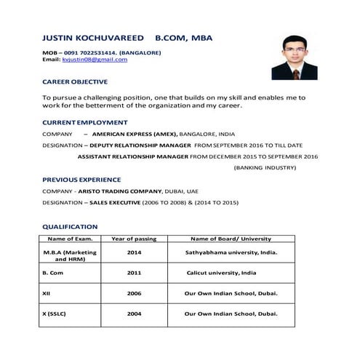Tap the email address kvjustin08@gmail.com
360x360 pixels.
click(95, 60)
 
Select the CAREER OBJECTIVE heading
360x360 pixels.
click(75, 81)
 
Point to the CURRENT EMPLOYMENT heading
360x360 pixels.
click(84, 122)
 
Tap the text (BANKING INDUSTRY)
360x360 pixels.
click(265, 167)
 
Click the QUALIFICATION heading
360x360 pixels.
click(70, 227)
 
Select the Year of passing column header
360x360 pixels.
click(134, 239)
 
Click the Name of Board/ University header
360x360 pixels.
click(231, 239)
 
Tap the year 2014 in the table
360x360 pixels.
click(134, 252)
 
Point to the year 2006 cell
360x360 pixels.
click(134, 294)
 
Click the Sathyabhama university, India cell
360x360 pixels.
click(231, 252)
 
